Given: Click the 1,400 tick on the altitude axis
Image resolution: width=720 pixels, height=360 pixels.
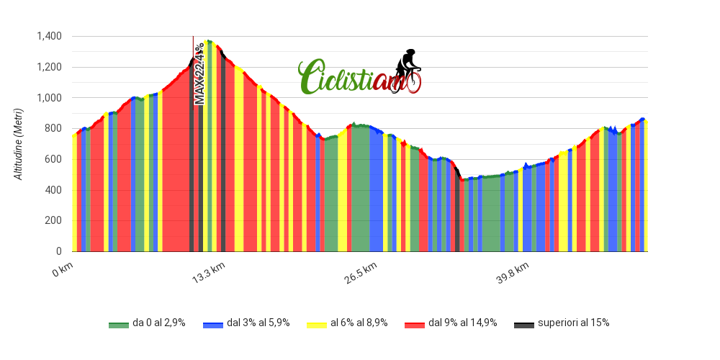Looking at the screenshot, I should coord(50,36).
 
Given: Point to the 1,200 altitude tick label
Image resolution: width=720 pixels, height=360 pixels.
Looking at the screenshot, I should coord(50,67).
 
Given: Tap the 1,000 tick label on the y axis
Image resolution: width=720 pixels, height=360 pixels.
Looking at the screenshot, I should coord(50,98).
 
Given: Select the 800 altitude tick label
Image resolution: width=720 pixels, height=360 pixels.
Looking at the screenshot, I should coord(53,128).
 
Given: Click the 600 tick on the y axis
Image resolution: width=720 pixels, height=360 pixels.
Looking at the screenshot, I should coord(53,159).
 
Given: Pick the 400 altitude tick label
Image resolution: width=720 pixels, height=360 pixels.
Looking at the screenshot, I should coord(53,190).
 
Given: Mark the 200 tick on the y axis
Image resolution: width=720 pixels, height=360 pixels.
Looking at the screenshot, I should coord(53,220).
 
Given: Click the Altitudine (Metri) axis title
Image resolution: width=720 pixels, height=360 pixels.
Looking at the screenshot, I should coord(19,144).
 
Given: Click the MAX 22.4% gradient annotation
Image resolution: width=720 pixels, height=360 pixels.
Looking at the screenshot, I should coord(199,74).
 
